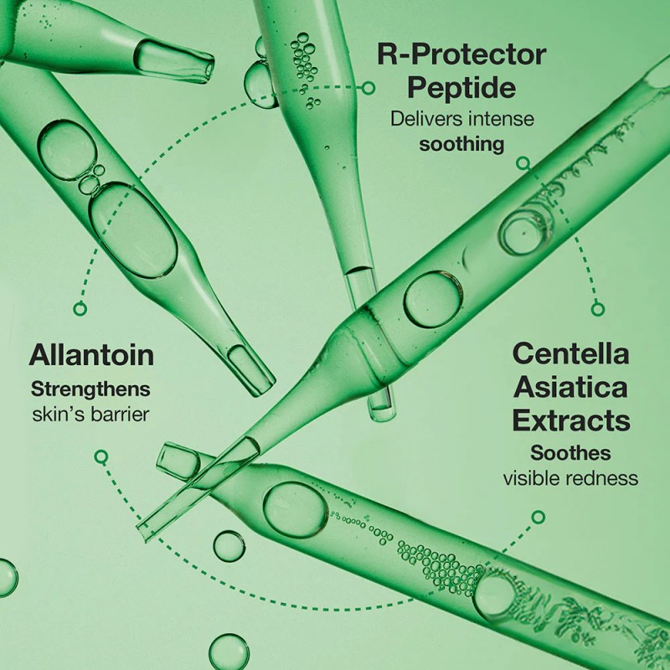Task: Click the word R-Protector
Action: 462,54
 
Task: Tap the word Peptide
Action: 461,88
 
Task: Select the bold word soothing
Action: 461,144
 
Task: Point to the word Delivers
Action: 426,118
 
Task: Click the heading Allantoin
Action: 91,355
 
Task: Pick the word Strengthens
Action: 90,390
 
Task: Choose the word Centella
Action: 571,353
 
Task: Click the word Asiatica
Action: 570,387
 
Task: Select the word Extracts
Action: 571,420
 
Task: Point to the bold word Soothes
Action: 570,453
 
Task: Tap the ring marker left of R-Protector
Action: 368,88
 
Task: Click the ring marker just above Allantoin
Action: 80,308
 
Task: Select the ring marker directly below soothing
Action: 523,162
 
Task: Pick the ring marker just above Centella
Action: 598,308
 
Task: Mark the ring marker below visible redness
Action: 539,517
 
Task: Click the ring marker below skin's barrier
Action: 101,456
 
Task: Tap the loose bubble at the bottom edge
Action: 229,652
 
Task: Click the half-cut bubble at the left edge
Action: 8,578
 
